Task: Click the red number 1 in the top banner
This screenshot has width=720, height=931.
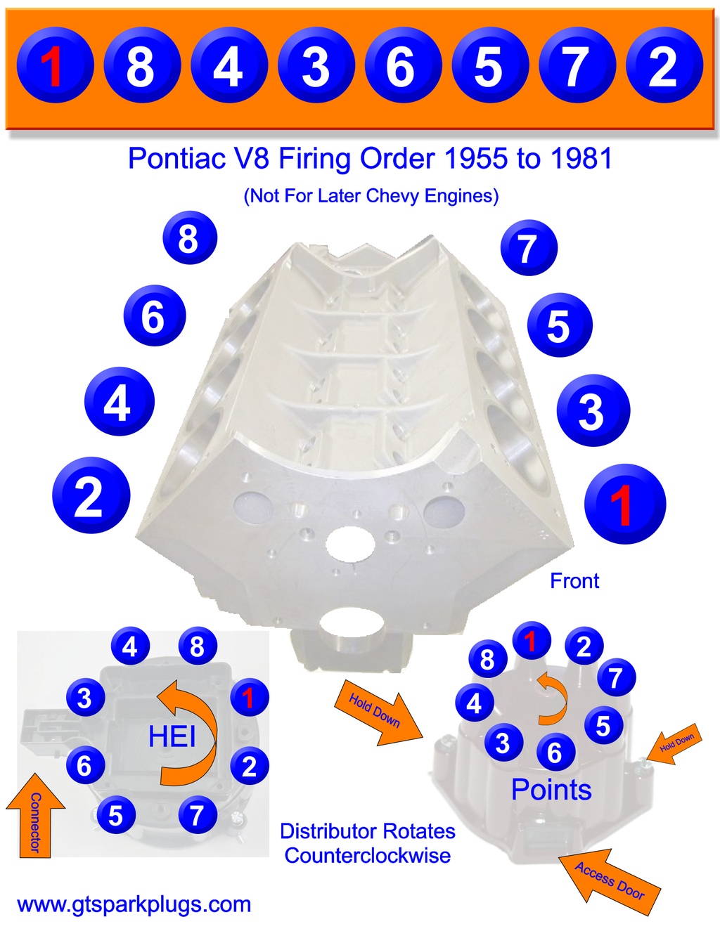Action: pos(53,66)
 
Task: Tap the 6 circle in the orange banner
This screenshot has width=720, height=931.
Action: pos(401,66)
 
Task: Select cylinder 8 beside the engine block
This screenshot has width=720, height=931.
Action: pos(189,238)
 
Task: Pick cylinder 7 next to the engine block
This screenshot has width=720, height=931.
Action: pos(529,248)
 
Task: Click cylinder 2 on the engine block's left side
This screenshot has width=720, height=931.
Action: pos(91,495)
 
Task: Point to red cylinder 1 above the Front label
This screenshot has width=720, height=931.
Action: pos(624,504)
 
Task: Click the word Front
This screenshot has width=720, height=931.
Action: pos(574,581)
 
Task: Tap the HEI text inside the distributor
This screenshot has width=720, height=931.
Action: pos(172,736)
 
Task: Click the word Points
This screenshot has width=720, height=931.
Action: pos(551,790)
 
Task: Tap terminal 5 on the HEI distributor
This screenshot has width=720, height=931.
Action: pos(115,815)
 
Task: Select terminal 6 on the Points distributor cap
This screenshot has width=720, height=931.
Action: pos(555,753)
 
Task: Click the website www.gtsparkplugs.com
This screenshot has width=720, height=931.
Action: pos(134,904)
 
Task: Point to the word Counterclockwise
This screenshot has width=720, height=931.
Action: pos(368,856)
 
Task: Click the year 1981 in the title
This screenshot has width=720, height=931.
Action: pos(581,158)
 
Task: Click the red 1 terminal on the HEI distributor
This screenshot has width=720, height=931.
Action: pos(248,698)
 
